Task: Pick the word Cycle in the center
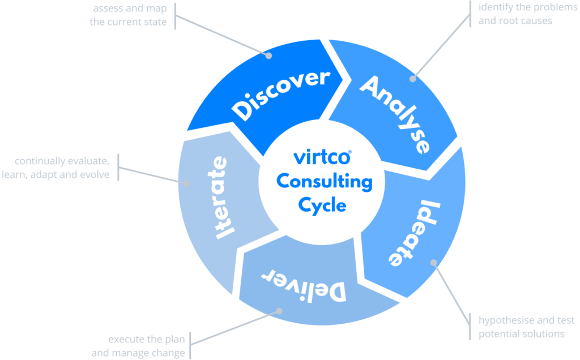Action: tap(322, 205)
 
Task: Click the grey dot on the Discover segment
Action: tap(270, 55)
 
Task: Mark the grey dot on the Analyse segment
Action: tap(413, 79)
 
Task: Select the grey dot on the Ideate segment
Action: tap(434, 263)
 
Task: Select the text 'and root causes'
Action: tap(515, 22)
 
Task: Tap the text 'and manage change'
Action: tap(138, 353)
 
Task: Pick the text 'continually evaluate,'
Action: tap(62, 161)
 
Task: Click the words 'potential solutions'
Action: tap(522, 334)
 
